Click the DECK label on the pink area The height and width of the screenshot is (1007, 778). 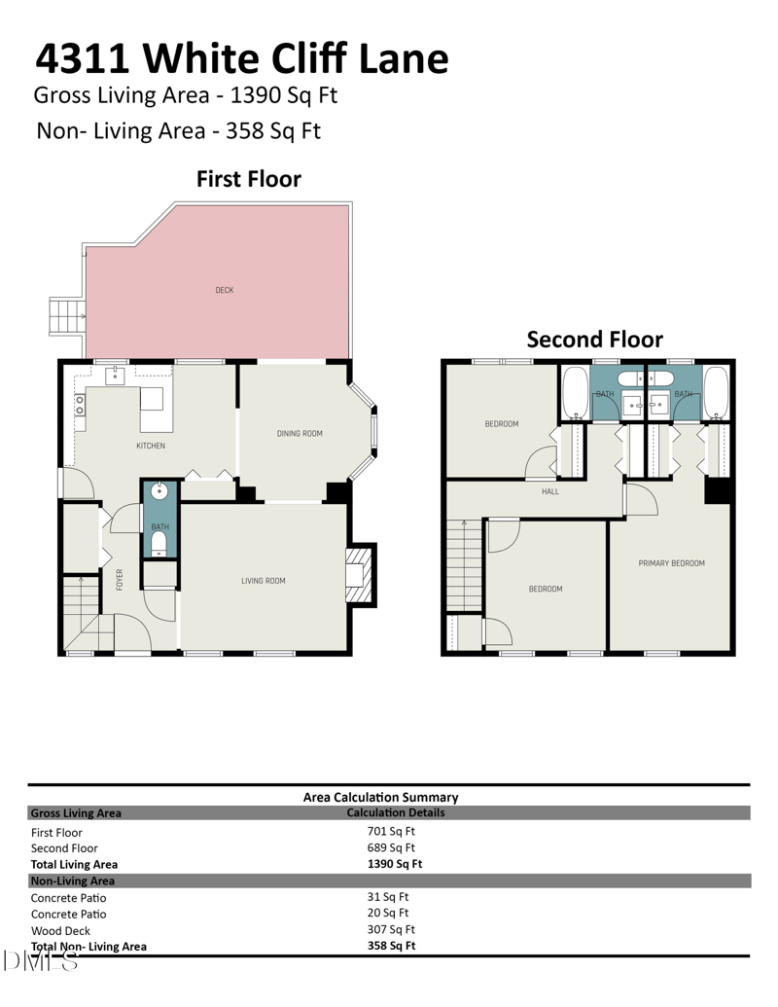tap(224, 290)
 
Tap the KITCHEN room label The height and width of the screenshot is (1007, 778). tap(150, 446)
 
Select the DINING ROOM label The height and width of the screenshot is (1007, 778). tap(299, 433)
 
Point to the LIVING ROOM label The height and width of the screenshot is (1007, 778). tap(263, 581)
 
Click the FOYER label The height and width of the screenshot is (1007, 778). tap(120, 580)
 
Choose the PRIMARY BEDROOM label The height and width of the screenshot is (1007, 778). tap(671, 563)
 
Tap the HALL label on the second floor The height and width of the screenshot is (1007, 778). tap(550, 491)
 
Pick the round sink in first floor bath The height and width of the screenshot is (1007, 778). tap(159, 491)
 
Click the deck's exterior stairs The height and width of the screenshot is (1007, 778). tap(65, 316)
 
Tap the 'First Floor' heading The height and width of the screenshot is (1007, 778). tap(248, 179)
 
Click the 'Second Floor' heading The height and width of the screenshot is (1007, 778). tap(594, 340)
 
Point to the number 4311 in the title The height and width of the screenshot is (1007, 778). tap(83, 58)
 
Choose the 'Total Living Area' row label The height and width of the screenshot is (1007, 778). tap(74, 864)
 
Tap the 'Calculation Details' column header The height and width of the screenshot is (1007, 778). tap(395, 812)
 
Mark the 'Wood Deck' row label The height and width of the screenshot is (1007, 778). tap(61, 930)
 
